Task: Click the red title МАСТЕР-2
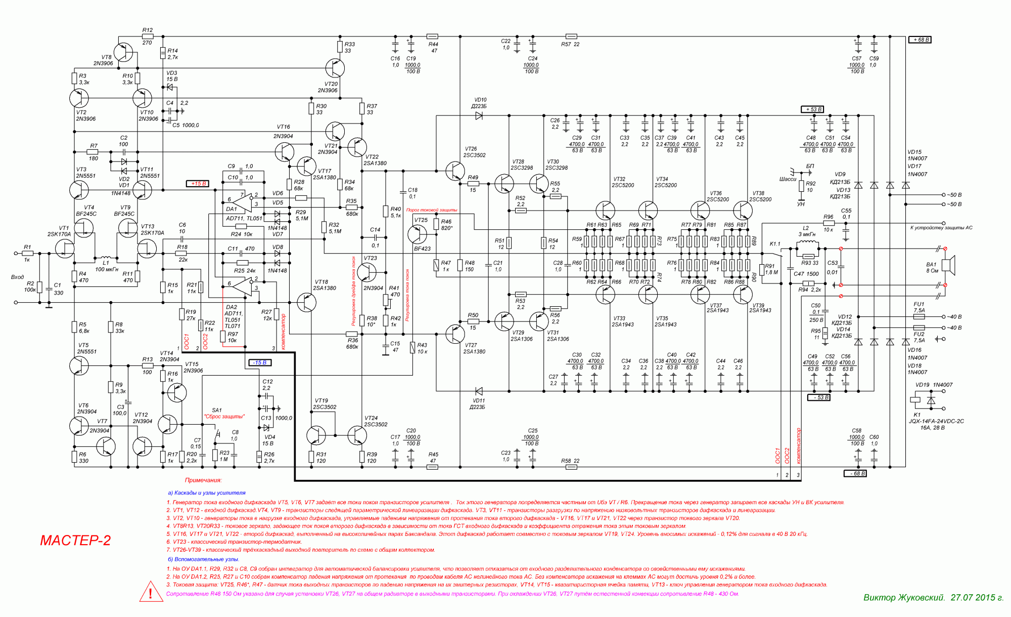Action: click(75, 541)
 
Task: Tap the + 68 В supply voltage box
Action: click(920, 39)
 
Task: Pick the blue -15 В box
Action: click(260, 362)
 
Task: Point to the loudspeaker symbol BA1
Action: click(950, 266)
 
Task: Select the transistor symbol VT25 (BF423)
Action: click(418, 234)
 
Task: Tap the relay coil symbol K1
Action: click(915, 399)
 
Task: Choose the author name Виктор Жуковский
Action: click(904, 598)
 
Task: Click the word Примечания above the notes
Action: click(203, 480)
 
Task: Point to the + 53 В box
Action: click(812, 109)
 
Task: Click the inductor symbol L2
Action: click(808, 246)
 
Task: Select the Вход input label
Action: click(17, 277)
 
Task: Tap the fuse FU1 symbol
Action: click(919, 317)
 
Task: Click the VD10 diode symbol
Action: click(479, 116)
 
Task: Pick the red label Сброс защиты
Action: click(224, 417)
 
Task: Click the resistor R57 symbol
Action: click(571, 36)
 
